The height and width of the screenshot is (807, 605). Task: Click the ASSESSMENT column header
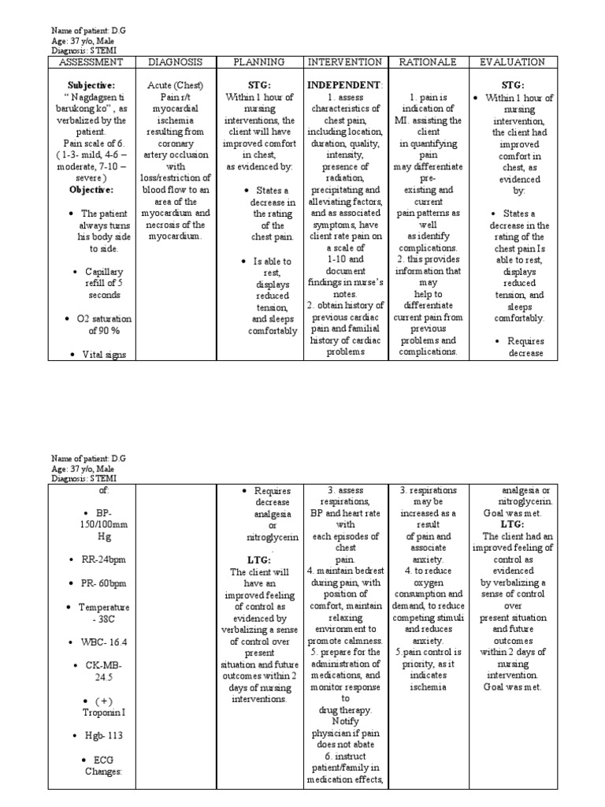tap(91, 61)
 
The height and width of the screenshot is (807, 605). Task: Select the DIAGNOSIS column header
tap(176, 61)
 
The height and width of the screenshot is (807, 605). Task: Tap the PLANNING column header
tap(260, 61)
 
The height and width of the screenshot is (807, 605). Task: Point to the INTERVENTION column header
tap(345, 61)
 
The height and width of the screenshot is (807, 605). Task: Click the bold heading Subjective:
tap(91, 85)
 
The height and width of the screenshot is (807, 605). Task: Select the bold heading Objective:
tap(91, 190)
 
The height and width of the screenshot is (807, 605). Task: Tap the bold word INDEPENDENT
tap(343, 85)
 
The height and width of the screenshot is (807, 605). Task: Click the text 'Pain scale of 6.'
tap(91, 143)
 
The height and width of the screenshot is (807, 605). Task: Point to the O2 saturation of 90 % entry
tap(103, 325)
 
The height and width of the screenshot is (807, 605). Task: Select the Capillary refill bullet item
tap(103, 283)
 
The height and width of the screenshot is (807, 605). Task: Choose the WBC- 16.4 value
tap(102, 643)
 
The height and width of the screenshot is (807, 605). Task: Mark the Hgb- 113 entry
tap(103, 735)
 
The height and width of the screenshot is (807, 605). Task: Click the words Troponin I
tap(103, 711)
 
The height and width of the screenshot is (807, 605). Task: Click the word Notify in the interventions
tap(345, 721)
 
